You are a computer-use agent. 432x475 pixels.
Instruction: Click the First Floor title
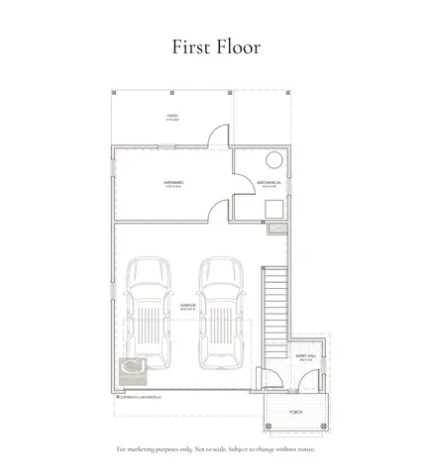pyautogui.click(x=215, y=46)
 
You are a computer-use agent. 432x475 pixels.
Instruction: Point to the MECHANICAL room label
pyautogui.click(x=270, y=183)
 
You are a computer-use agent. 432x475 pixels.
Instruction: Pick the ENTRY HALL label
pyautogui.click(x=305, y=355)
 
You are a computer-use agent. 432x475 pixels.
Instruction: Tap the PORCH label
pyautogui.click(x=295, y=411)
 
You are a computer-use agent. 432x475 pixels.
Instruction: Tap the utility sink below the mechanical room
pyautogui.click(x=276, y=229)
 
